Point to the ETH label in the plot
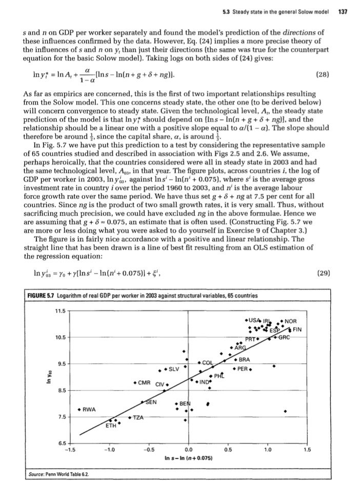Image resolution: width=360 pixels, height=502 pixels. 110,426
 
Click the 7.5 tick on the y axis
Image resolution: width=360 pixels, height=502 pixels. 61,417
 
